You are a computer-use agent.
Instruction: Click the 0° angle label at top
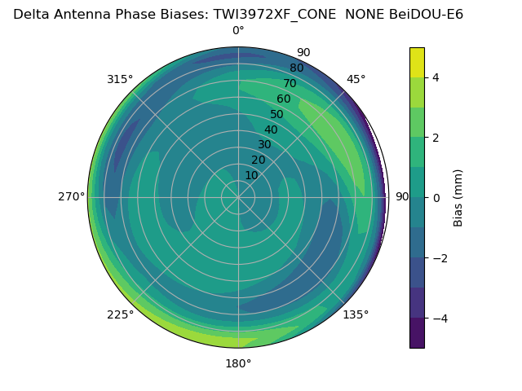pos(238,31)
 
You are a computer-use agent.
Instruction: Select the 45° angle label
pos(356,79)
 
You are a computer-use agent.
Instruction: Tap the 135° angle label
pos(356,315)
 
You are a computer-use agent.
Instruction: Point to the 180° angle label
pos(238,363)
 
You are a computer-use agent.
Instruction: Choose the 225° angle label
pos(120,315)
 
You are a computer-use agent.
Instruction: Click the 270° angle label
pos(71,197)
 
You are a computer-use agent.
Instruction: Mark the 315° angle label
pos(120,79)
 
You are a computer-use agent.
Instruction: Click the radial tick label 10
pos(251,175)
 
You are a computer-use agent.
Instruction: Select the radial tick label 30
pos(264,145)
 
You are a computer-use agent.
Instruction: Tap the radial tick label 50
pos(276,114)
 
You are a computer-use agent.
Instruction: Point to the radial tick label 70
pos(290,83)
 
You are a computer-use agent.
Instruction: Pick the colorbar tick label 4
pos(436,77)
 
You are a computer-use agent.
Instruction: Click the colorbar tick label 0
pos(436,198)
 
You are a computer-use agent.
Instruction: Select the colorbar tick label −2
pos(440,258)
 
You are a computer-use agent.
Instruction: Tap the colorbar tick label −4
pos(440,319)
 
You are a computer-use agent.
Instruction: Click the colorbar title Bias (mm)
pos(458,198)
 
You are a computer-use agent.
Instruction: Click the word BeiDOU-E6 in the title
pos(422,14)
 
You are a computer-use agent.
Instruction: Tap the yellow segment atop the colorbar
pos(417,62)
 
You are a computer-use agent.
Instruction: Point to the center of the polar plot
pos(238,197)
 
